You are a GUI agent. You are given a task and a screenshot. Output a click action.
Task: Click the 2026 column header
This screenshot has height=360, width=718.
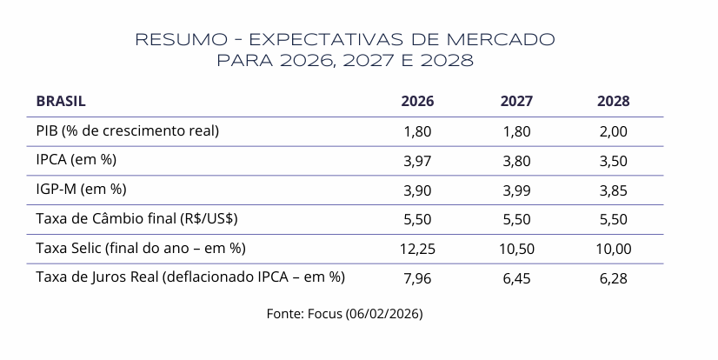tap(417, 101)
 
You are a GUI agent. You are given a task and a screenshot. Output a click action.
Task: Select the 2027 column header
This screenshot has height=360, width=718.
tap(516, 101)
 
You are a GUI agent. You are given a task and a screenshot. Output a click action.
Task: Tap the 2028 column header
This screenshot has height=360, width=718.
tap(613, 101)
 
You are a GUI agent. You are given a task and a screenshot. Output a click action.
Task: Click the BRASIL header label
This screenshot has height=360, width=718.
tap(61, 101)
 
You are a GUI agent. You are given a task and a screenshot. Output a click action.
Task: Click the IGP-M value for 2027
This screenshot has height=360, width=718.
tap(516, 190)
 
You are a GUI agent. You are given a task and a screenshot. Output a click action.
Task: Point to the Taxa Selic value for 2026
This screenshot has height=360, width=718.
tap(417, 249)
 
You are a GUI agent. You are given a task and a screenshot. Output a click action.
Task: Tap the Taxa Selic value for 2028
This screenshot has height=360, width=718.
tap(613, 249)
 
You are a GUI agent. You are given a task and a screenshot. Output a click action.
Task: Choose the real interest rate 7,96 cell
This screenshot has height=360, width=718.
tap(417, 278)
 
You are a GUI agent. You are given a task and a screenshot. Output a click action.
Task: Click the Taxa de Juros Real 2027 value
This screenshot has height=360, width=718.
tap(516, 278)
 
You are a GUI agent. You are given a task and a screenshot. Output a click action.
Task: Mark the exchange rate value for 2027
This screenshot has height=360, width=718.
tap(516, 219)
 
